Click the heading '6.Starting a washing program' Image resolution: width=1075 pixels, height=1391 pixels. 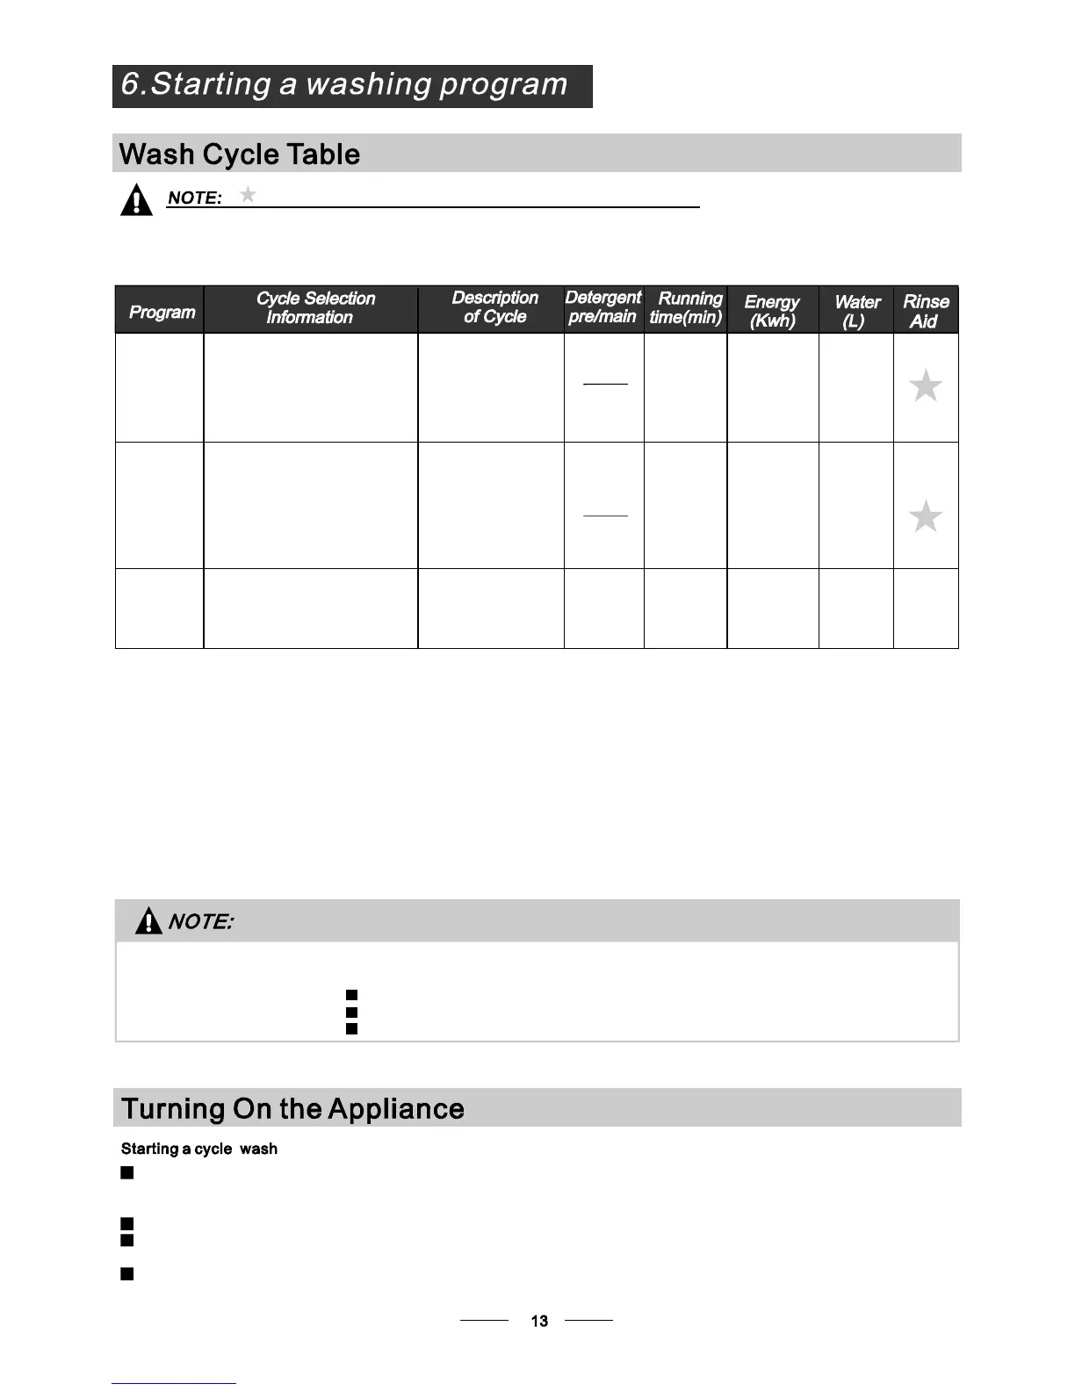click(344, 85)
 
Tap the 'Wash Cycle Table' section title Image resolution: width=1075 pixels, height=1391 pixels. click(240, 155)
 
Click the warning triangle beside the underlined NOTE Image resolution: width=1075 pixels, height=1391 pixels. click(136, 200)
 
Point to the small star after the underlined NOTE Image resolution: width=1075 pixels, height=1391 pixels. click(249, 194)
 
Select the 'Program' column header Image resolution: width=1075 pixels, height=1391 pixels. click(162, 312)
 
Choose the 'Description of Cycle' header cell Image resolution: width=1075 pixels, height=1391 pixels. click(494, 307)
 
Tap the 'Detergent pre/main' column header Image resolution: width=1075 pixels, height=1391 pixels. click(602, 307)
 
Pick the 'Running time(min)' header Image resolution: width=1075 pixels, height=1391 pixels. click(686, 308)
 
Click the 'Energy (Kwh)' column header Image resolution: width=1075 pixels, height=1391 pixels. click(771, 311)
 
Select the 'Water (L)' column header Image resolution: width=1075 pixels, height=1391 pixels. click(856, 311)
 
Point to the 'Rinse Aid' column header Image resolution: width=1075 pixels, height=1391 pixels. click(926, 311)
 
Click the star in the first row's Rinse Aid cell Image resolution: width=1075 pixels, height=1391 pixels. click(925, 386)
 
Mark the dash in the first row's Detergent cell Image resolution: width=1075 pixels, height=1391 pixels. click(605, 384)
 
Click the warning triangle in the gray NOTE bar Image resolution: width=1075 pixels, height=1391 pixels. click(148, 920)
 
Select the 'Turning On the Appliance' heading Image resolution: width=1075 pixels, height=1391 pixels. click(292, 1108)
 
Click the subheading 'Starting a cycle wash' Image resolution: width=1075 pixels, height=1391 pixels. click(198, 1149)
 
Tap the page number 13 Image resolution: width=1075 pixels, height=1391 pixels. click(539, 1321)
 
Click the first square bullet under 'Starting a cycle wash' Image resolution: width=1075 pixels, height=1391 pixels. click(127, 1172)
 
